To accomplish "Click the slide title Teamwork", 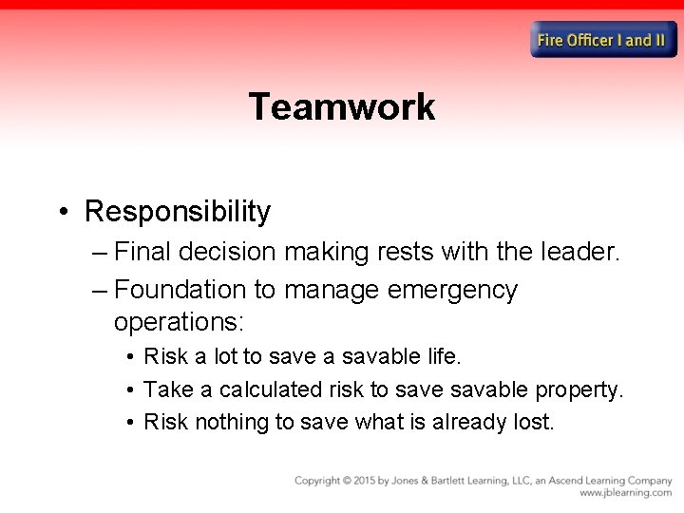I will pyautogui.click(x=342, y=106).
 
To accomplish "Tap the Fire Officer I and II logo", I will pyautogui.click(x=603, y=40).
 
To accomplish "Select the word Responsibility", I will pyautogui.click(x=178, y=211).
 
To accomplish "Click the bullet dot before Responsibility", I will pyautogui.click(x=62, y=211).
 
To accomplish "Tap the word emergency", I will pyautogui.click(x=454, y=289).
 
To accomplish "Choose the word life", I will pyautogui.click(x=443, y=356).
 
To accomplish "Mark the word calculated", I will pyautogui.click(x=274, y=389).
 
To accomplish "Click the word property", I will pyautogui.click(x=579, y=389).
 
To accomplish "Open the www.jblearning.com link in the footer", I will pyautogui.click(x=625, y=493).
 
